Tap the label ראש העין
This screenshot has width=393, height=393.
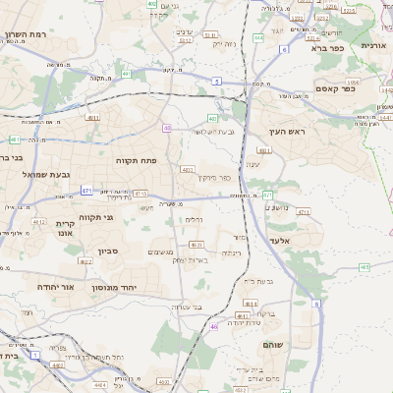tap(288, 131)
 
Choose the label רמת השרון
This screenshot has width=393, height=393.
tap(26, 34)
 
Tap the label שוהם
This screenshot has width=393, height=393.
tap(272, 346)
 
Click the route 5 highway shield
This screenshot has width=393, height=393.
tap(215, 83)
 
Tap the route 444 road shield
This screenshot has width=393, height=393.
tap(257, 37)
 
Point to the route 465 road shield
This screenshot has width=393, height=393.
tap(365, 266)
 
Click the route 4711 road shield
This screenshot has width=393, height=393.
tap(303, 211)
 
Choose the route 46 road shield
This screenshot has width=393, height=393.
tap(214, 326)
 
